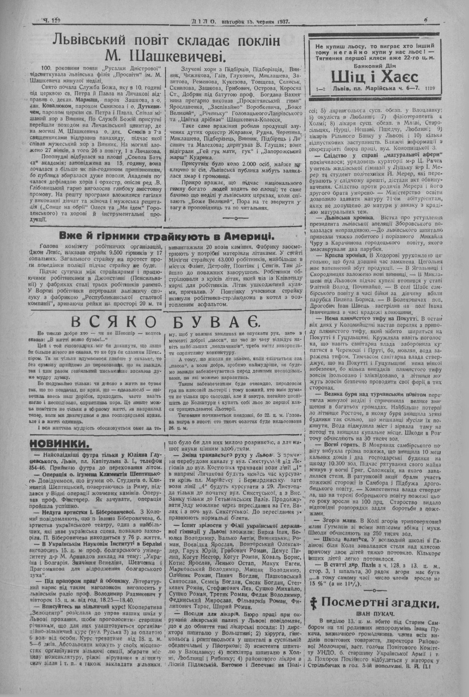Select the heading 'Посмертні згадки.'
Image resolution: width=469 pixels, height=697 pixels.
pos(382,602)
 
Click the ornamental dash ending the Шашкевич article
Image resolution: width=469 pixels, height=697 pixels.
pos(234,218)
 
